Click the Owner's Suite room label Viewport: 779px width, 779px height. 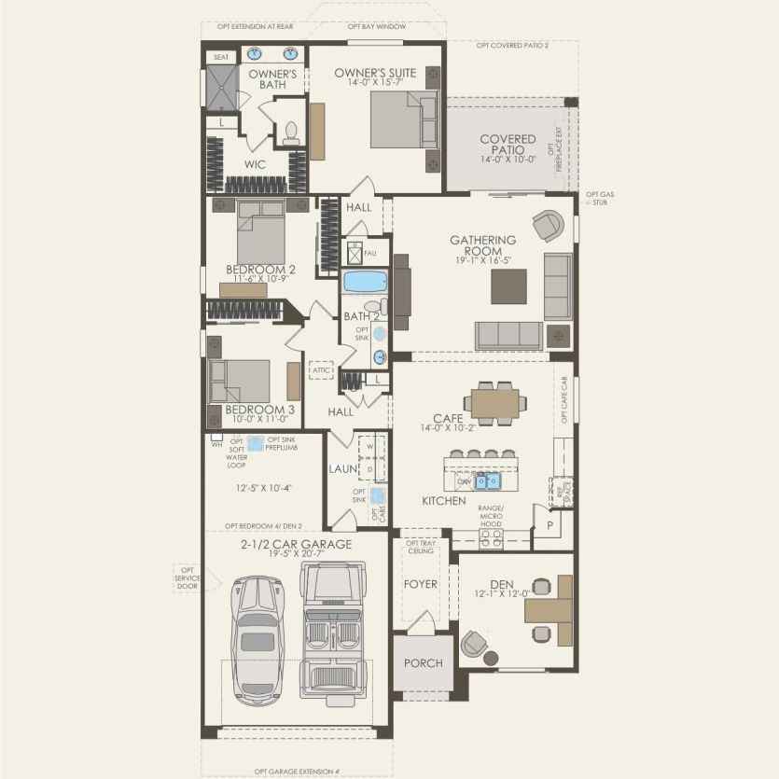pos(375,72)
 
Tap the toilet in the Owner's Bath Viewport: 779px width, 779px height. pos(289,132)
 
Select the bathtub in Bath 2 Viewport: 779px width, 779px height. pos(364,282)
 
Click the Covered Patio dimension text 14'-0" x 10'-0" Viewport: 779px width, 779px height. pos(508,160)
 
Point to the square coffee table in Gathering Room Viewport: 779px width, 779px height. pos(508,286)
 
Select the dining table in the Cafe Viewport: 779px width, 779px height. pos(495,403)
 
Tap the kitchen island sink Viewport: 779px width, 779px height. pos(487,480)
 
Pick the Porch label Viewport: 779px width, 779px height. pos(422,663)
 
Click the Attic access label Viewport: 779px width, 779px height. pos(322,370)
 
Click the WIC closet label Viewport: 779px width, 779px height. pos(255,164)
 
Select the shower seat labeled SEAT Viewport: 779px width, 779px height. pos(221,57)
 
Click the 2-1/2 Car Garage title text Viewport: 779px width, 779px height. pos(295,544)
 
